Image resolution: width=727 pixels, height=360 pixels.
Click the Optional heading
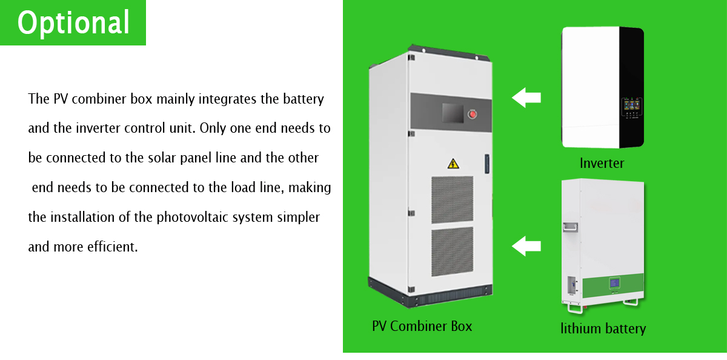pyautogui.click(x=73, y=22)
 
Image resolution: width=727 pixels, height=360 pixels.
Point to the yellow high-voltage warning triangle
pyautogui.click(x=453, y=163)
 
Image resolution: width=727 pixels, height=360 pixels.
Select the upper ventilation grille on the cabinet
pyautogui.click(x=452, y=199)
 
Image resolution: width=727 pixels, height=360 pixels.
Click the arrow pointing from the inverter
pyautogui.click(x=526, y=97)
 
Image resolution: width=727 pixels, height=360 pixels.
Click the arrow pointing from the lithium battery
pyautogui.click(x=526, y=246)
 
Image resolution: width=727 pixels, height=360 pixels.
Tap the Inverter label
pyautogui.click(x=602, y=163)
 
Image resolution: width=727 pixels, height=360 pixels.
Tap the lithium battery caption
pyautogui.click(x=603, y=328)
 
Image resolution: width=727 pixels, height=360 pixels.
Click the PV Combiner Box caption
pyautogui.click(x=422, y=326)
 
